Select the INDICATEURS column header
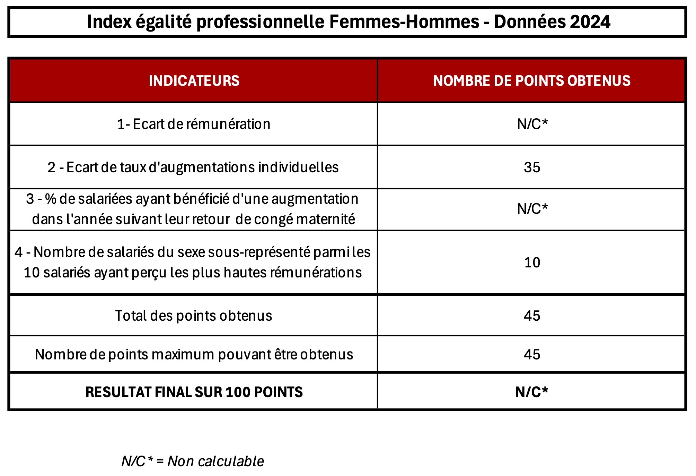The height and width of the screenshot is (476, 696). (x=194, y=81)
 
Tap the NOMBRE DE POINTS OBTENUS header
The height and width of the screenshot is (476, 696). (x=532, y=81)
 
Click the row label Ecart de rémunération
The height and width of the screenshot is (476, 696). (x=194, y=124)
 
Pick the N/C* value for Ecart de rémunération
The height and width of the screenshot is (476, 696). (x=532, y=124)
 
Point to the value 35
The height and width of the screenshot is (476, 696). (x=532, y=167)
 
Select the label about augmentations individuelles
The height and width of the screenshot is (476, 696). (x=193, y=167)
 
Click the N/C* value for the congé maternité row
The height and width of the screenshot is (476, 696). (x=532, y=209)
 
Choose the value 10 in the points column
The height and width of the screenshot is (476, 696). (x=532, y=263)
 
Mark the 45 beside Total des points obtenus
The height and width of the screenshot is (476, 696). (x=532, y=316)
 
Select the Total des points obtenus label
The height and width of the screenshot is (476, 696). (x=194, y=316)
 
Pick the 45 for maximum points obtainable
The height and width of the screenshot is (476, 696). (x=532, y=355)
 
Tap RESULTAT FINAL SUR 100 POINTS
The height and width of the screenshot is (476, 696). (x=194, y=392)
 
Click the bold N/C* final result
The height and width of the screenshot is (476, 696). (x=532, y=392)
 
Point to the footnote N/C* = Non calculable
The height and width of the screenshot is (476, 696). (x=193, y=461)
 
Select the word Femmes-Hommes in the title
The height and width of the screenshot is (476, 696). (x=404, y=22)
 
